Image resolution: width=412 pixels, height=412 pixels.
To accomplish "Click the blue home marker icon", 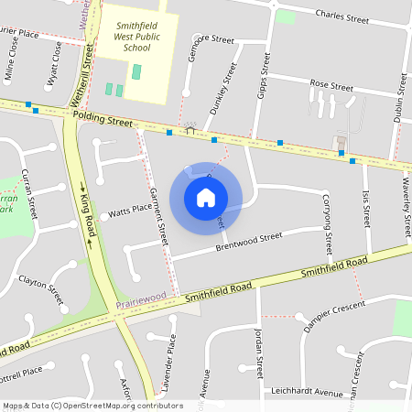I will pyautogui.click(x=206, y=197).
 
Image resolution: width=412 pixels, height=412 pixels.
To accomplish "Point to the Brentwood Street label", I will pyautogui.click(x=248, y=241).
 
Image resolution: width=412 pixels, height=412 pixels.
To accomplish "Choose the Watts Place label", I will pyautogui.click(x=130, y=209).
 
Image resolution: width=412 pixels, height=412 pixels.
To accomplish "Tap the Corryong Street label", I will pyautogui.click(x=326, y=221).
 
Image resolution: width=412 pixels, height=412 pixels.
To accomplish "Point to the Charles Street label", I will pyautogui.click(x=341, y=15).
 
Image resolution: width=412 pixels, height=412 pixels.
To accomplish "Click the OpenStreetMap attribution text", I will pyautogui.click(x=92, y=405).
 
